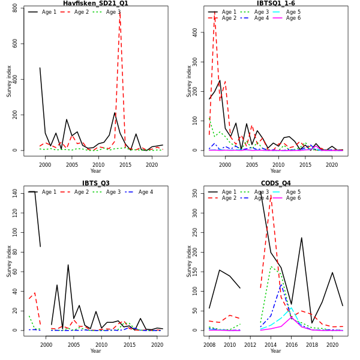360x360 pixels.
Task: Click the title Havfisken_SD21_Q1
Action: coord(95,4)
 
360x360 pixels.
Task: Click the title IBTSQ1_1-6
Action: coord(275,4)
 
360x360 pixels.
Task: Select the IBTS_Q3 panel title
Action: coord(95,184)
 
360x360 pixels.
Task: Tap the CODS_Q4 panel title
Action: coord(275,184)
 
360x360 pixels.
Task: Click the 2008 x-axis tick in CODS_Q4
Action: coord(209,345)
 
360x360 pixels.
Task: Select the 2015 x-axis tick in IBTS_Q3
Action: coord(128,345)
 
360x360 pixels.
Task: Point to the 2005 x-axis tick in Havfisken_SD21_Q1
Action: coord(71,165)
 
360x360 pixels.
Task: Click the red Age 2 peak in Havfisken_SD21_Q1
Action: coord(119,12)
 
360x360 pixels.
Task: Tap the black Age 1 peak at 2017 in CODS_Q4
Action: coord(301,238)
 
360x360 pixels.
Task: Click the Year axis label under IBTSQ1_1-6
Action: coord(275,171)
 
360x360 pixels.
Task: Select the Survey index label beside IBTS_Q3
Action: coord(9,260)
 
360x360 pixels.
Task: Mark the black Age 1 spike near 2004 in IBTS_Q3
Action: coord(68,265)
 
